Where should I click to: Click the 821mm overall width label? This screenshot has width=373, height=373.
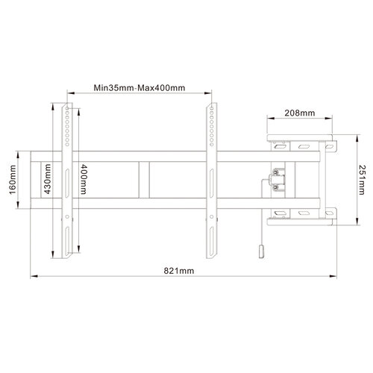pos(180,269)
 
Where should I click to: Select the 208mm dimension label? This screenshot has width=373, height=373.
pos(298,114)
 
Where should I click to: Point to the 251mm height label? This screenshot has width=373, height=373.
pos(362,178)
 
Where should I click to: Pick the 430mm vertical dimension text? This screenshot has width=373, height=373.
pos(46,179)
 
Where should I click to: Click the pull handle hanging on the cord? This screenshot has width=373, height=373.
pos(260,253)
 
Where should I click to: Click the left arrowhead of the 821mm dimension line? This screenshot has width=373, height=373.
pos(32,277)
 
